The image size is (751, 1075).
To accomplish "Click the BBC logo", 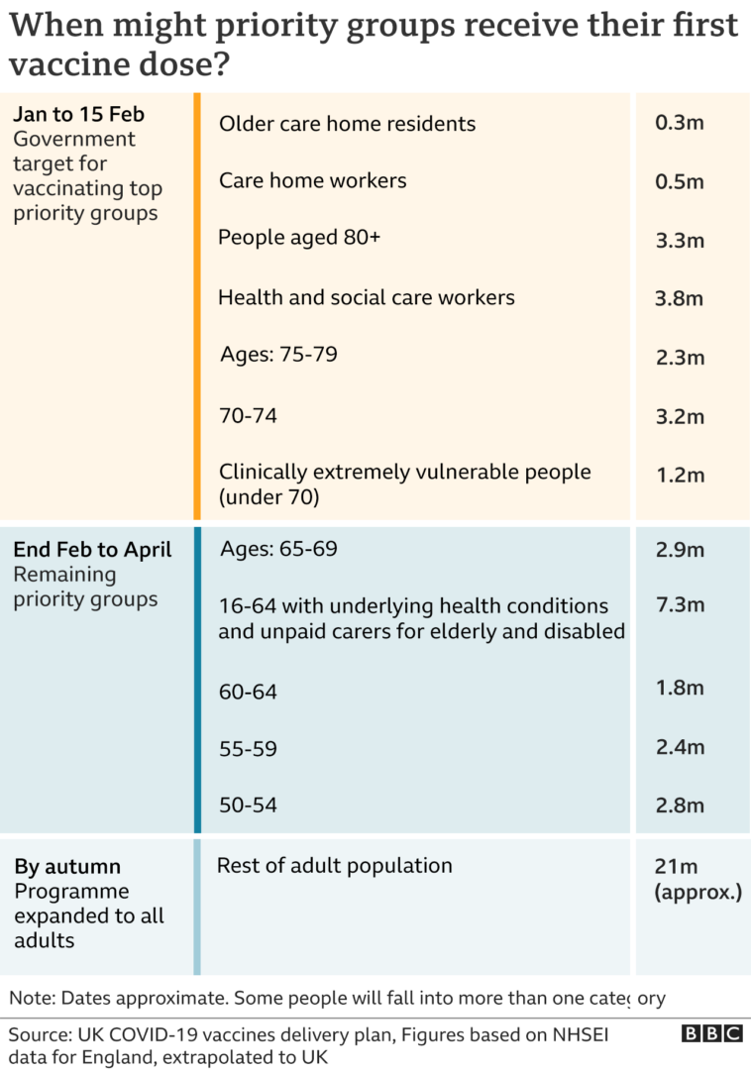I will click(x=711, y=1034).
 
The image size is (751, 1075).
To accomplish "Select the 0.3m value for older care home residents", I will click(x=680, y=124).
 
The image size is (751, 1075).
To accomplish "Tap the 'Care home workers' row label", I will click(x=313, y=181).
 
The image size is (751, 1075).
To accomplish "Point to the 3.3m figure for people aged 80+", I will click(x=680, y=241).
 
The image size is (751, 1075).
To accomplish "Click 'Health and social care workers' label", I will click(x=367, y=297).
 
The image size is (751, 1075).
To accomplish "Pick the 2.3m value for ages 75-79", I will click(x=680, y=357).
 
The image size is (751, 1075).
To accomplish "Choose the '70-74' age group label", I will click(x=248, y=416).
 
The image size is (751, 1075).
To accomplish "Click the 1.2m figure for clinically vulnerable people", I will click(x=680, y=475).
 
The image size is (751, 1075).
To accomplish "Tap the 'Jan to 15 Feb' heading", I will click(x=78, y=114).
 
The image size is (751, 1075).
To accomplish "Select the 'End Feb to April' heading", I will click(x=92, y=550).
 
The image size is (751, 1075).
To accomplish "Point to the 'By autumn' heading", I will click(x=67, y=867).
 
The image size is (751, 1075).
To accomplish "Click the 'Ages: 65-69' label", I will click(x=278, y=549).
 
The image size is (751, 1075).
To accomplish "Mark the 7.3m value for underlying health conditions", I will click(x=680, y=605).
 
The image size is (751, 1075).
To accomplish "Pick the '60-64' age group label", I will click(x=248, y=692).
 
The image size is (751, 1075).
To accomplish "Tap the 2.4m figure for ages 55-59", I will click(x=680, y=747).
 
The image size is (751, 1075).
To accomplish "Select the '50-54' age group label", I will click(x=248, y=806).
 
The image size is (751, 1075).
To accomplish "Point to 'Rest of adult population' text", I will click(x=335, y=866).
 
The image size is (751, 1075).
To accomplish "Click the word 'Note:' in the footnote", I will click(x=33, y=998).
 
